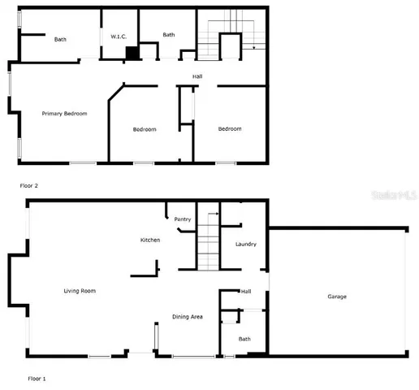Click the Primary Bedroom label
[64, 114]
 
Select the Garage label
[337, 297]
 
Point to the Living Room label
[81, 290]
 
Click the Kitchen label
[150, 240]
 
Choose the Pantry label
[183, 219]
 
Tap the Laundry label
[245, 244]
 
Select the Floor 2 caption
[29, 185]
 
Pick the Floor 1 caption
[37, 379]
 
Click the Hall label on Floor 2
[197, 76]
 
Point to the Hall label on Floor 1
[245, 292]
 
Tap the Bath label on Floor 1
[244, 339]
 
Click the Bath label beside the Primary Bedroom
[60, 40]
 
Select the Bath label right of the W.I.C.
[169, 35]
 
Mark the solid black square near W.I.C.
[132, 53]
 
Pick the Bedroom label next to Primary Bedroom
[145, 129]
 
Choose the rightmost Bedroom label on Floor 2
[230, 129]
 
